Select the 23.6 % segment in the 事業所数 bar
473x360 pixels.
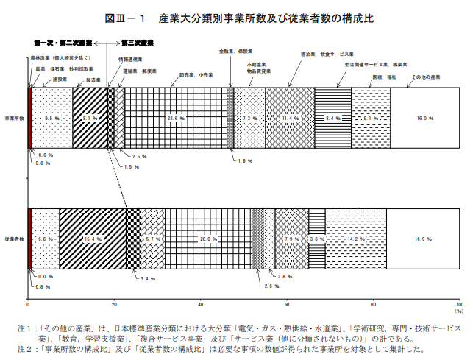click(x=176, y=118)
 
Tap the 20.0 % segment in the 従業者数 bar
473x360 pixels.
click(x=208, y=239)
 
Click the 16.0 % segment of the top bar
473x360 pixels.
click(x=425, y=118)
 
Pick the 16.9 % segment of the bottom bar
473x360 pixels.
click(x=423, y=239)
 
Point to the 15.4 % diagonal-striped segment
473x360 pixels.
click(x=92, y=239)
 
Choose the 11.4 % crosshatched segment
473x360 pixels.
click(x=290, y=118)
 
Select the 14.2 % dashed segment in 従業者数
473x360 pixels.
click(x=356, y=239)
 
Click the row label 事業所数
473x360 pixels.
click(x=15, y=118)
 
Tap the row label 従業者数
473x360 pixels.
click(x=15, y=239)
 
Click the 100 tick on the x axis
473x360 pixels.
click(x=459, y=303)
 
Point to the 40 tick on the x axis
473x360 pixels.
click(x=201, y=303)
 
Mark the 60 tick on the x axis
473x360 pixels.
click(x=287, y=303)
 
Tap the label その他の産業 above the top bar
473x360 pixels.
click(x=425, y=77)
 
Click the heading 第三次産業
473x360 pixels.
click(x=138, y=43)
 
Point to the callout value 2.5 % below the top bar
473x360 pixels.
click(x=140, y=157)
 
